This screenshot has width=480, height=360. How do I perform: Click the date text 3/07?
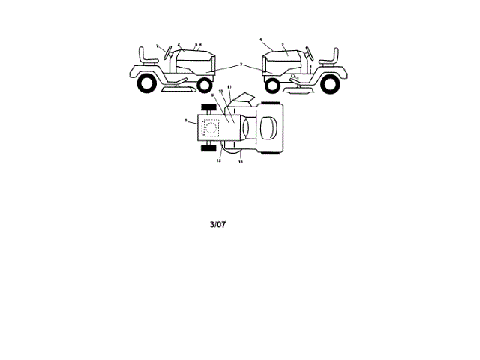216,223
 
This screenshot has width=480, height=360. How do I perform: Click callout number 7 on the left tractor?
157,46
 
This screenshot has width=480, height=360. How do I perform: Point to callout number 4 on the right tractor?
261,39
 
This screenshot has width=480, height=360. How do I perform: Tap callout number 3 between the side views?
241,65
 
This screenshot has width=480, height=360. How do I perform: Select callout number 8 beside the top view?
185,120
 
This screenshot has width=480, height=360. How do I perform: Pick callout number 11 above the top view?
229,88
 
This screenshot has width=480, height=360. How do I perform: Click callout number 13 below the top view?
241,162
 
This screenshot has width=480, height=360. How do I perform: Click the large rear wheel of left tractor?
147,82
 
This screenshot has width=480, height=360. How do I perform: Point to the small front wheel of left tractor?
208,84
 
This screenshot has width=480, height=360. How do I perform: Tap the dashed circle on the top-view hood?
211,128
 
